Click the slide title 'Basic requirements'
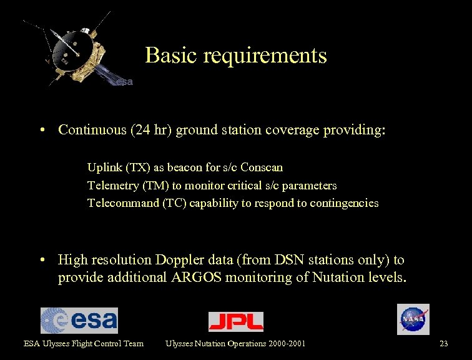(x=236, y=56)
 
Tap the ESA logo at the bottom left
(x=79, y=320)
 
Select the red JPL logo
(x=235, y=321)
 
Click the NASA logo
(x=413, y=319)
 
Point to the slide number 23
(x=444, y=343)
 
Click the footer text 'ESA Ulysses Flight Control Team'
(x=84, y=343)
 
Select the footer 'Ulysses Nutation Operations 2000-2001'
(x=235, y=343)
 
